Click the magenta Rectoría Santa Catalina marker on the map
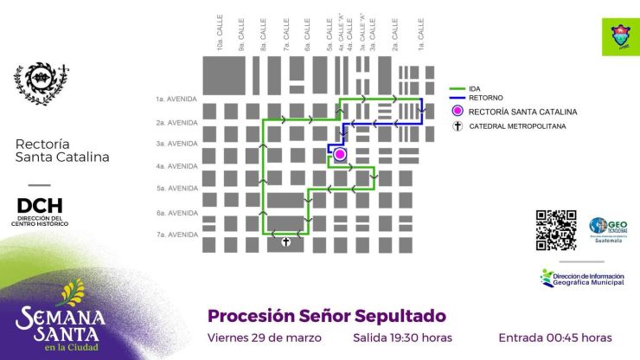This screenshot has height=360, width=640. (x=340, y=154)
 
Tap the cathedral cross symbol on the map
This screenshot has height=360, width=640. (x=285, y=243)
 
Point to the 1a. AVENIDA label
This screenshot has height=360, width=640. (x=176, y=99)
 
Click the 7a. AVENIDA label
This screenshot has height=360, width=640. (x=176, y=235)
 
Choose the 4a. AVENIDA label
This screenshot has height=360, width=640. (x=176, y=166)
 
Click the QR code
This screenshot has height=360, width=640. (x=556, y=230)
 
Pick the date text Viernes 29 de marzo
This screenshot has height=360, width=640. (x=265, y=337)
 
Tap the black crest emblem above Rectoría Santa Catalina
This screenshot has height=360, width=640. (x=41, y=84)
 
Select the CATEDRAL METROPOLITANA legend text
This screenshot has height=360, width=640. (x=516, y=126)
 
